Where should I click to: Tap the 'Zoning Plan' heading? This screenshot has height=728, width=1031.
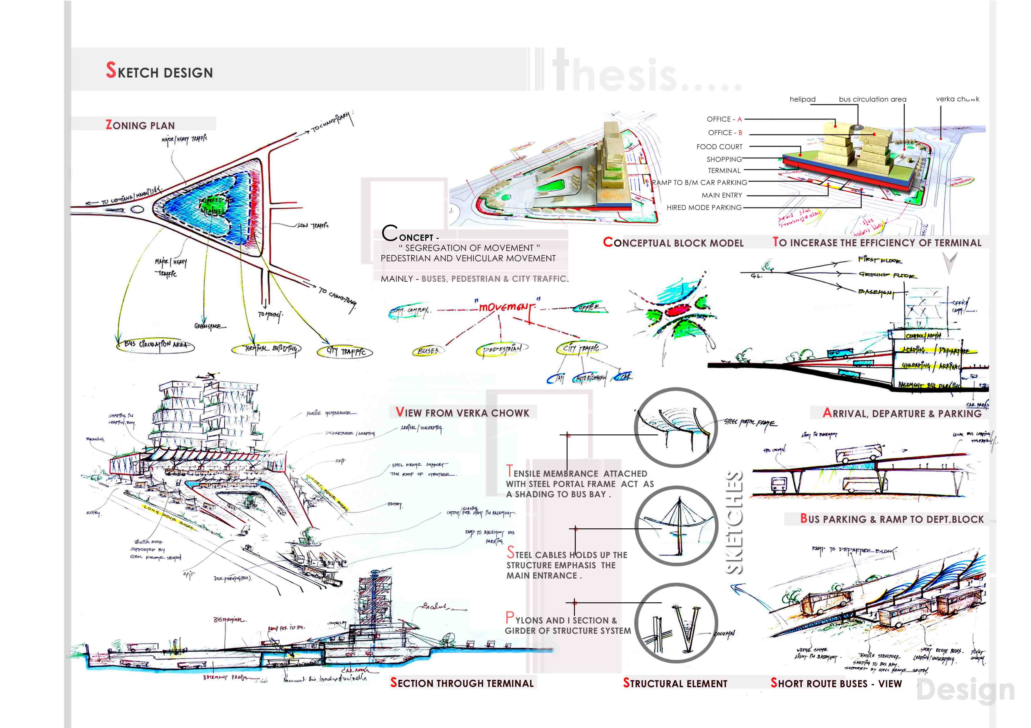(x=140, y=125)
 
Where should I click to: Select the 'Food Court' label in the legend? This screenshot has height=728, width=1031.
(x=719, y=147)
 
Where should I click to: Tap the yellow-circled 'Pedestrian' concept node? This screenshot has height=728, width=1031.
(x=502, y=349)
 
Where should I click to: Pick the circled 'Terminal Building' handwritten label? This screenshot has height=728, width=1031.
(x=266, y=348)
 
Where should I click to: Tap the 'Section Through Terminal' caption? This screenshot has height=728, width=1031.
(x=462, y=683)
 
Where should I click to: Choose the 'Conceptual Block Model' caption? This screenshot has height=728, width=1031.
(x=673, y=243)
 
